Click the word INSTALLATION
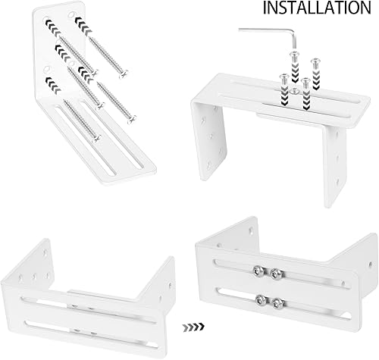pyautogui.click(x=317, y=8)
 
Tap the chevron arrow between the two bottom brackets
pyautogui.click(x=193, y=327)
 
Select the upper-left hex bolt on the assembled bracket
pyautogui.click(x=257, y=271)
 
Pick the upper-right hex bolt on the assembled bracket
pyautogui.click(x=276, y=273)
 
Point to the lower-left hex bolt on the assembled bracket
pyautogui.click(x=260, y=300)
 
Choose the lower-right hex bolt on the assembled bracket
pyautogui.click(x=277, y=302)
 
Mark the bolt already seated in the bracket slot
pyautogui.click(x=293, y=91)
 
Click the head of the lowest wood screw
pyautogui.click(x=96, y=139)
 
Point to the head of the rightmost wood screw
pyautogui.click(x=132, y=119)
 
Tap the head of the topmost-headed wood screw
pyautogui.click(x=124, y=74)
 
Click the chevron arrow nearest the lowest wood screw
pyautogui.click(x=53, y=84)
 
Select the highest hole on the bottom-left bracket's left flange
pyautogui.click(x=45, y=252)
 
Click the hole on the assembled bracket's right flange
pyautogui.click(x=370, y=265)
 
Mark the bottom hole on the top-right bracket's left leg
pyautogui.click(x=209, y=166)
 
